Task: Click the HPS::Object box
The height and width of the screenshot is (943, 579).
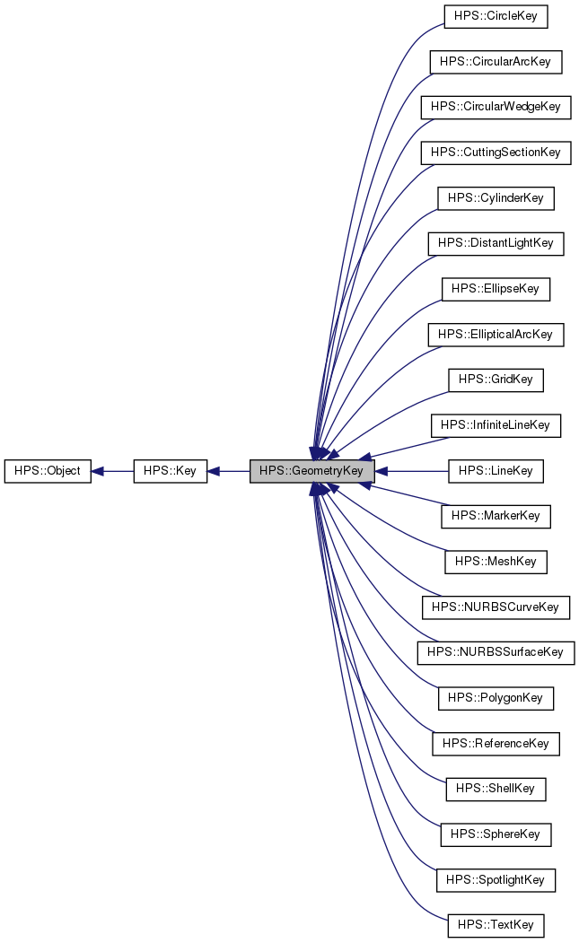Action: (x=48, y=470)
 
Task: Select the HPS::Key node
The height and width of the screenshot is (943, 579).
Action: (x=171, y=470)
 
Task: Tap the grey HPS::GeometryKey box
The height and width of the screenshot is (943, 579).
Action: (x=311, y=470)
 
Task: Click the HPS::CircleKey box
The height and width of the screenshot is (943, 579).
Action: (x=496, y=16)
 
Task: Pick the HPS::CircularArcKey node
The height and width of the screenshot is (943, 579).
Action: (x=496, y=62)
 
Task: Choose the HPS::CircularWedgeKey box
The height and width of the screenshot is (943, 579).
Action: (x=496, y=107)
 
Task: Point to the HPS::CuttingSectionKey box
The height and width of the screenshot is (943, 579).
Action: (x=496, y=153)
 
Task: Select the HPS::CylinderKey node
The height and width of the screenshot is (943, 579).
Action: (x=496, y=197)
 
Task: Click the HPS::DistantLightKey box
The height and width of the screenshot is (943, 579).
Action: (x=496, y=243)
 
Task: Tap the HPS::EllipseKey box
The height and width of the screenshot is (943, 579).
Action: (x=496, y=289)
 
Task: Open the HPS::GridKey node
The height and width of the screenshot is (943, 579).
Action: (x=496, y=380)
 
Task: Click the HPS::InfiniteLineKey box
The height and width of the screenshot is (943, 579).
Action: (x=496, y=424)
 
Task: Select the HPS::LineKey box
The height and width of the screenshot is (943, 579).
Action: (x=496, y=470)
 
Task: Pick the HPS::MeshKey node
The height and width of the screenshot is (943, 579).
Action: (x=496, y=561)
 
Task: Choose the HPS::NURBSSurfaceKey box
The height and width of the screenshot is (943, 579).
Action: (x=496, y=651)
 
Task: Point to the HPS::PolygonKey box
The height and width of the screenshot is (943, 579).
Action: (x=496, y=697)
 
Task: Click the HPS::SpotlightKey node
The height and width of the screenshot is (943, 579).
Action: (x=496, y=879)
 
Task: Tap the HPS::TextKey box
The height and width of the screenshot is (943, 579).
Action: (x=496, y=924)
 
